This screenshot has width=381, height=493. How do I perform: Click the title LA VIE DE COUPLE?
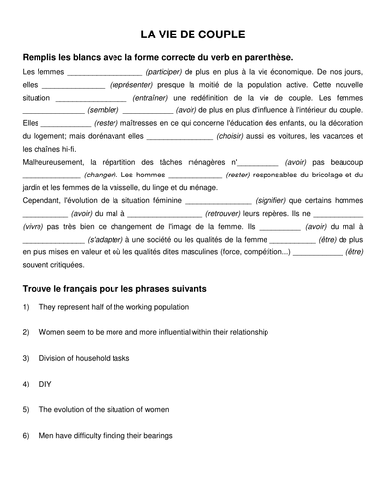190,33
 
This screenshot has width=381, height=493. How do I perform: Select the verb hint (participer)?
169,74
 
